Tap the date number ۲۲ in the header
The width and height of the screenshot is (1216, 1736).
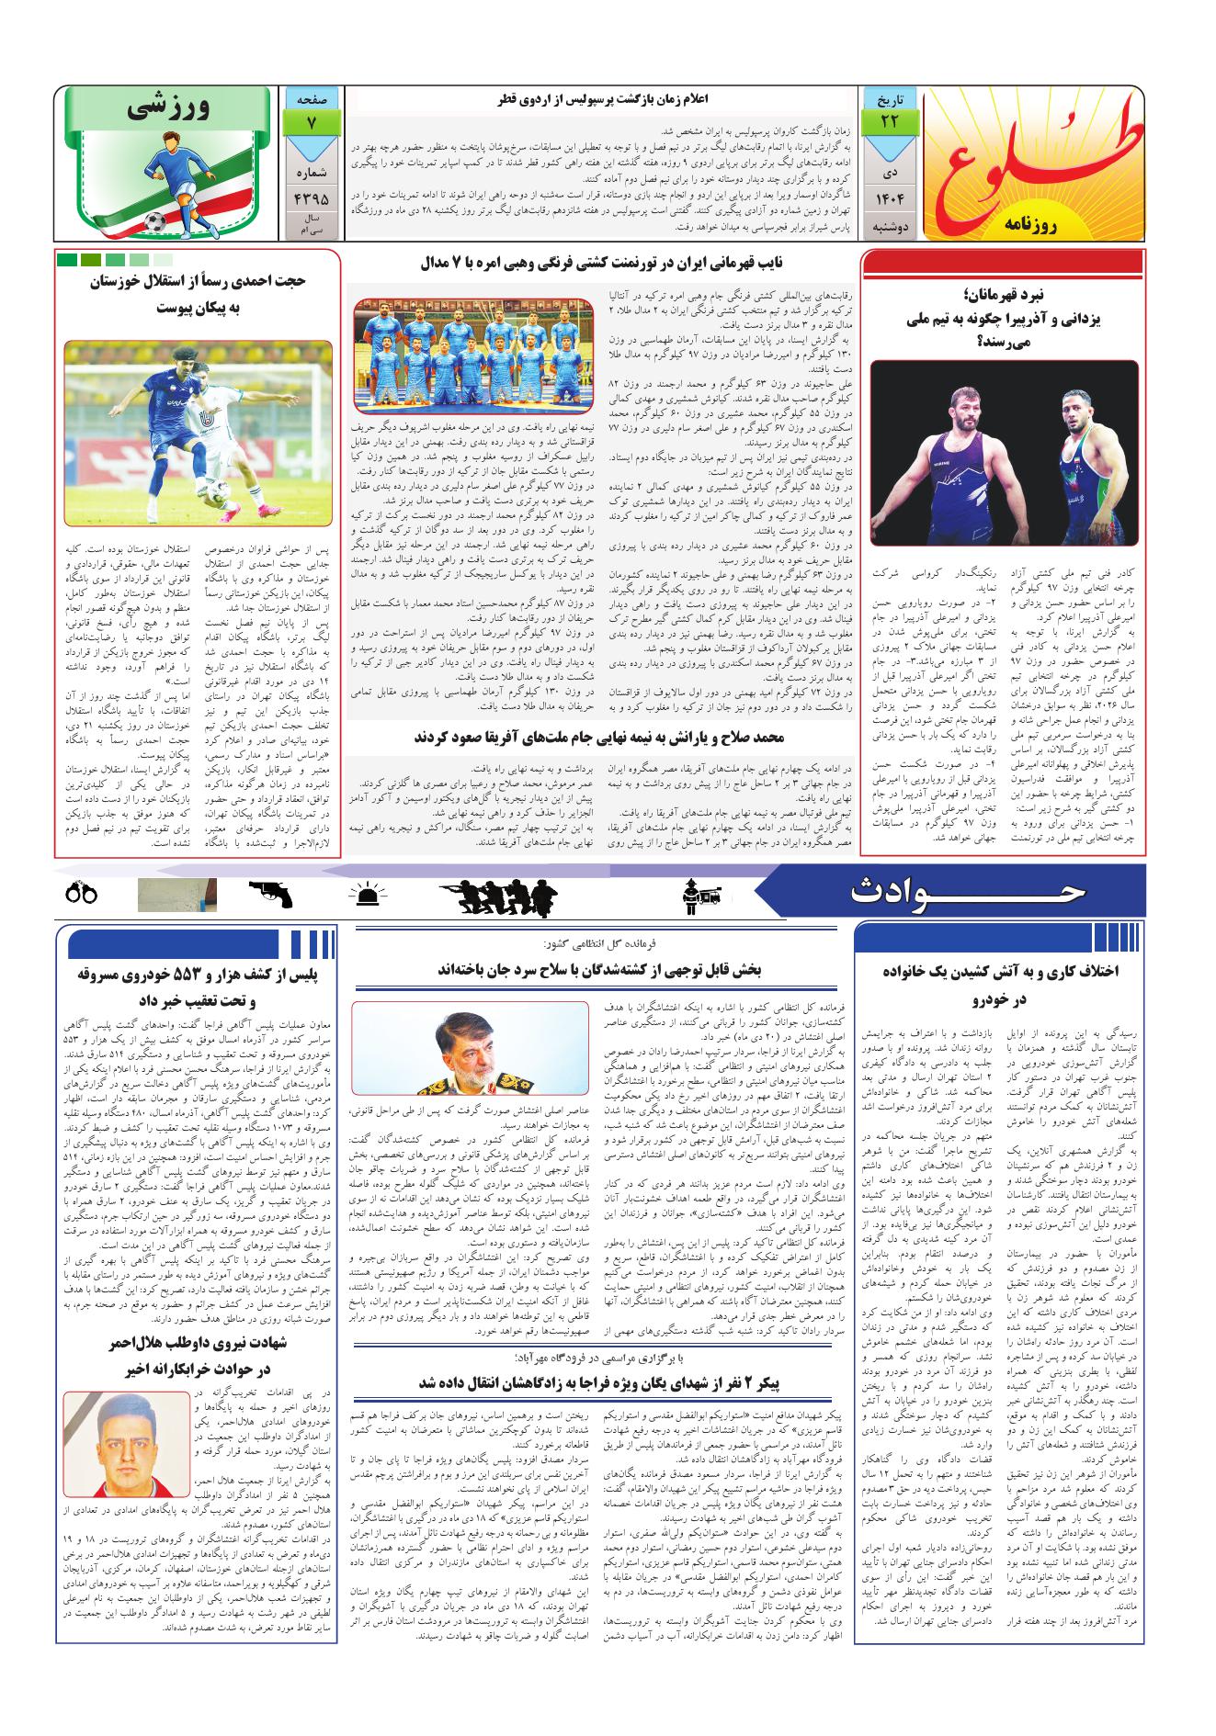887,120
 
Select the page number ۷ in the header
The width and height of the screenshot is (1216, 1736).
312,120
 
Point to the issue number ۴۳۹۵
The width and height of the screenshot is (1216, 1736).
312,197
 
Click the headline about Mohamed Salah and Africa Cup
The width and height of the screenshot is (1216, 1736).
599,738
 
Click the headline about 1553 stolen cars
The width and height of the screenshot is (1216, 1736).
195,986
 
